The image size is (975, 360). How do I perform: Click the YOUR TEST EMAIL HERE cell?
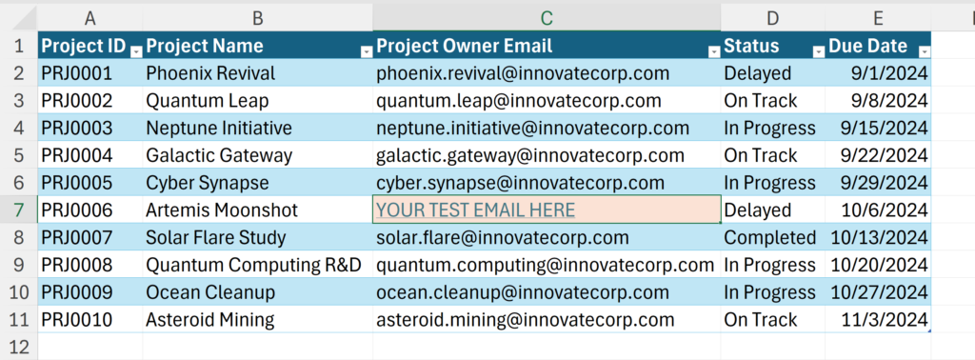point(547,210)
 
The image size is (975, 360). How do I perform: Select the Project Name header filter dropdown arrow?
point(367,52)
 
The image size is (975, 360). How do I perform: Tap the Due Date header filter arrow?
point(925,52)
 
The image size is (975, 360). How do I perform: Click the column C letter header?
point(547,19)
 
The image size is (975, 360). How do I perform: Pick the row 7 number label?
point(19,210)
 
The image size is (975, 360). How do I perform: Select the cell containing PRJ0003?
point(90,128)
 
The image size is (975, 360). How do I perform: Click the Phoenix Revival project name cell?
point(257,73)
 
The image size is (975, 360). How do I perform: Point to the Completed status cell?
point(773,237)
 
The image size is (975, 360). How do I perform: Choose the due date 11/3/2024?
point(878,320)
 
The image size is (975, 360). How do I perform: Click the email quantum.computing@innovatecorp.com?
point(547,265)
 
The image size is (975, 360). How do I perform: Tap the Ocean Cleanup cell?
point(257,292)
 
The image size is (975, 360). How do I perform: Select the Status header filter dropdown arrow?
point(819,52)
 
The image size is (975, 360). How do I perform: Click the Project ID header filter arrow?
point(136,52)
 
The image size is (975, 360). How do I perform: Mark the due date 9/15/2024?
point(878,128)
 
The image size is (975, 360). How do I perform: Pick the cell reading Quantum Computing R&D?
point(257,265)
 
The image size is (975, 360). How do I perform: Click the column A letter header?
point(90,19)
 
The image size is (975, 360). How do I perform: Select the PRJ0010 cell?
point(90,320)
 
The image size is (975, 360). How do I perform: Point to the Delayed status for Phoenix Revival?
point(773,73)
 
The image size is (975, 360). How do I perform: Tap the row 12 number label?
point(19,347)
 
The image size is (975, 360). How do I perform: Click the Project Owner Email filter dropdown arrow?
point(714,52)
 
